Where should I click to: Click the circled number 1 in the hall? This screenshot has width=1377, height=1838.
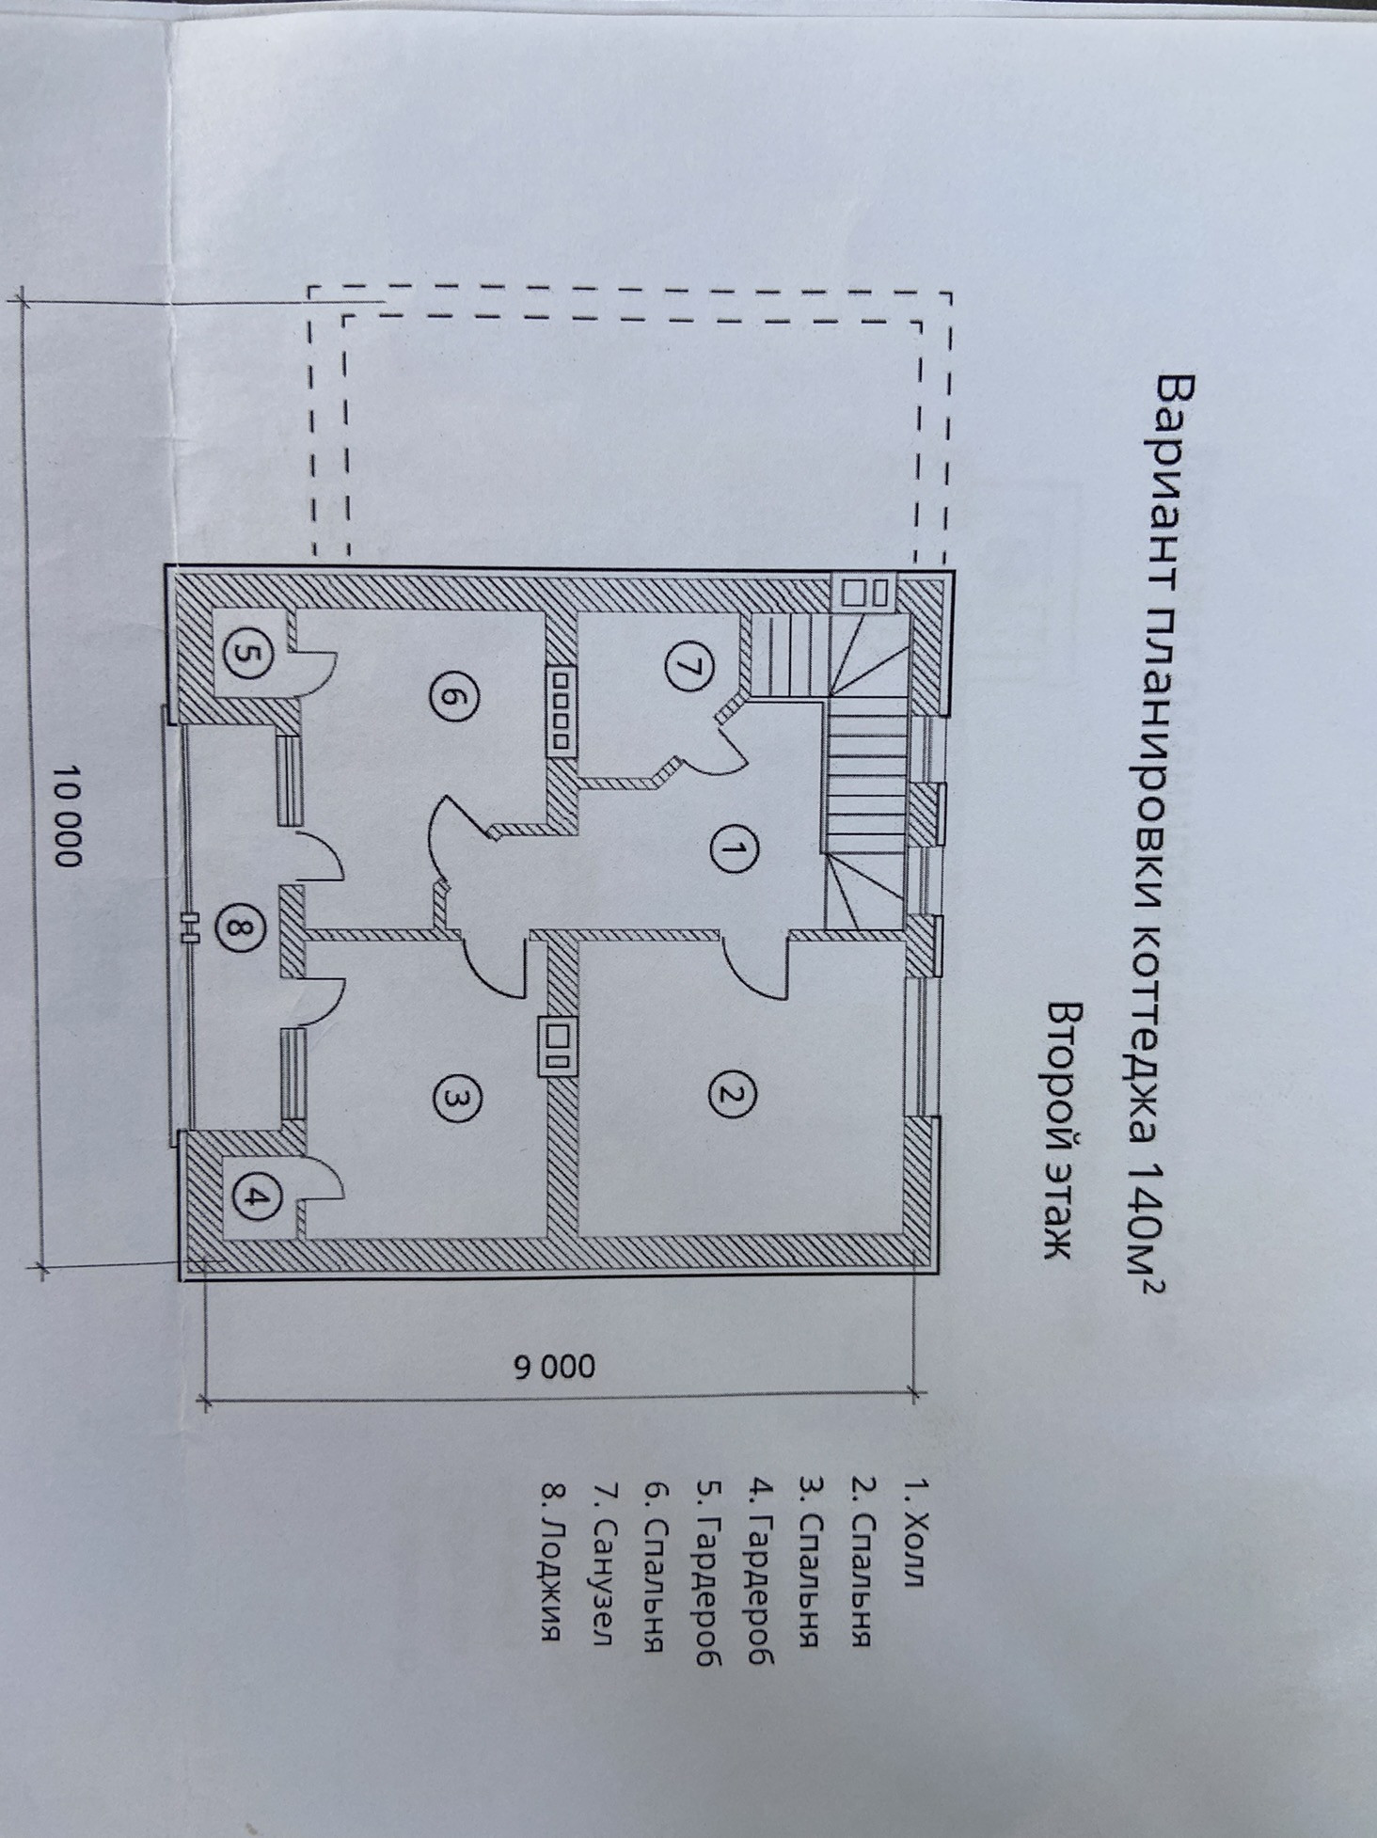pos(727,851)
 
